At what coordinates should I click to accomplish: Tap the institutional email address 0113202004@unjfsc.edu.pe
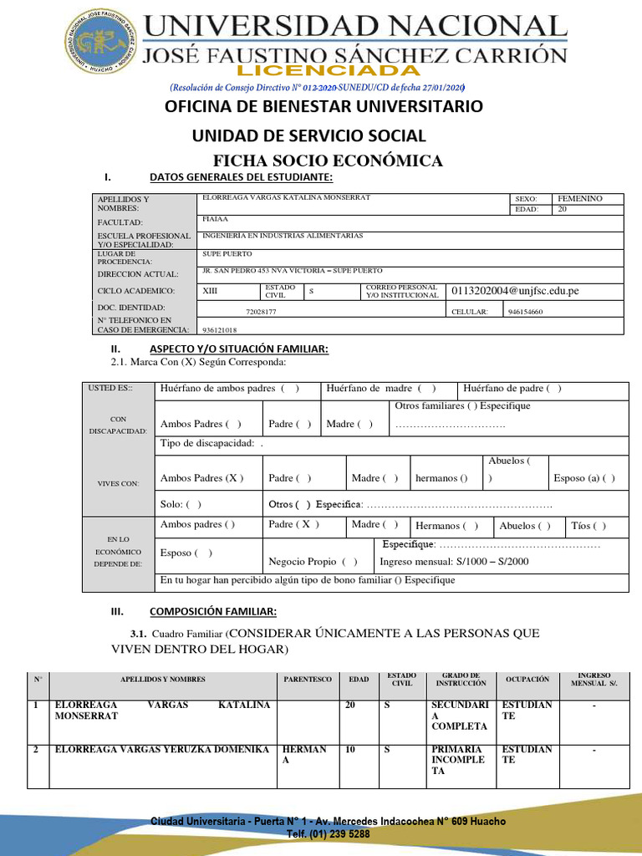pos(515,291)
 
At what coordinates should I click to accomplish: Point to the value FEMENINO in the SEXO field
pos(579,199)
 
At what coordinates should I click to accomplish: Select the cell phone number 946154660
pos(525,311)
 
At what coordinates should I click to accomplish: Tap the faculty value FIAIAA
pos(216,218)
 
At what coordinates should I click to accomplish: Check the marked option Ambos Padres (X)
pos(201,478)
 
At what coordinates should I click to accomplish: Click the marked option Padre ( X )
pos(294,525)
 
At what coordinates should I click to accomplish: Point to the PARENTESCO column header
pos(308,680)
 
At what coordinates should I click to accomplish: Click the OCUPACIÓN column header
pos(527,680)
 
